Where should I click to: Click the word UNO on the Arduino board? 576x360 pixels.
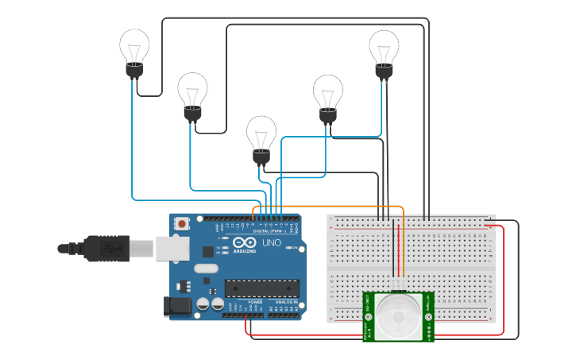point(271,242)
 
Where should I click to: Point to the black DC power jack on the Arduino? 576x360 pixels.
point(174,307)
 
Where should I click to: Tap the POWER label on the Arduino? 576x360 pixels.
point(255,302)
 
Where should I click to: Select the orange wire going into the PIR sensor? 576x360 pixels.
point(404,254)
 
